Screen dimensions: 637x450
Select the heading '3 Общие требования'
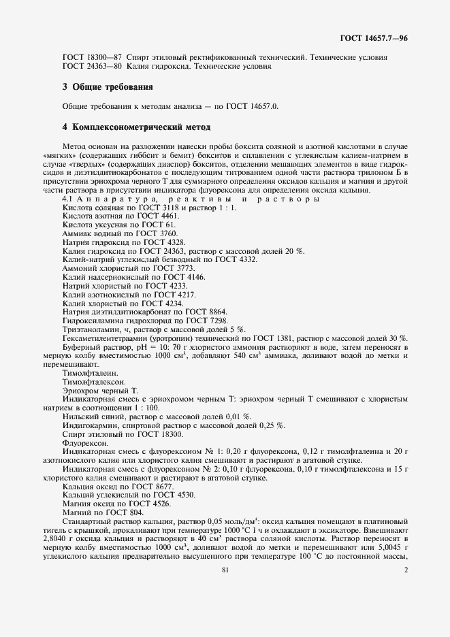(107, 87)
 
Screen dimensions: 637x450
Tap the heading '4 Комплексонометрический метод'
(136, 127)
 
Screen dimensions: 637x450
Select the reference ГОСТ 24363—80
(88, 67)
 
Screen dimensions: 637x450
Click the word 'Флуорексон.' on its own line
(82, 442)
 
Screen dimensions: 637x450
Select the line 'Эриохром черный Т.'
(99, 391)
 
